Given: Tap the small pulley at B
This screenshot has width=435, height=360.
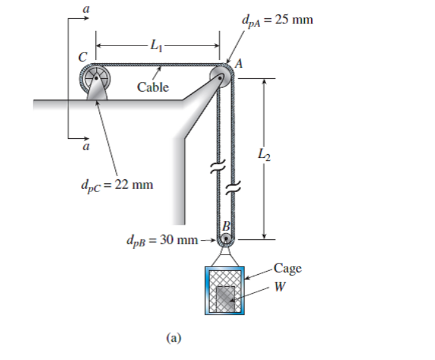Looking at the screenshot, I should (x=226, y=239).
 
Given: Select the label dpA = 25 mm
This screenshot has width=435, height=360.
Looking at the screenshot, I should (x=276, y=19).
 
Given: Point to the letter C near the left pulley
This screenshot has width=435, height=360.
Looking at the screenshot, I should (x=82, y=56).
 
